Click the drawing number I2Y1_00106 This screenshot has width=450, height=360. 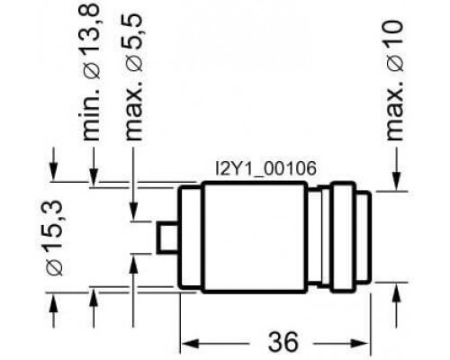click(x=265, y=168)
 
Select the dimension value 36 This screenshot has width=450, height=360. click(x=283, y=342)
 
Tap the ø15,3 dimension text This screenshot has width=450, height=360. click(x=54, y=238)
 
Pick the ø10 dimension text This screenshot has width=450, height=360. click(x=395, y=47)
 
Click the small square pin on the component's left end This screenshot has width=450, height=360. click(x=168, y=238)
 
